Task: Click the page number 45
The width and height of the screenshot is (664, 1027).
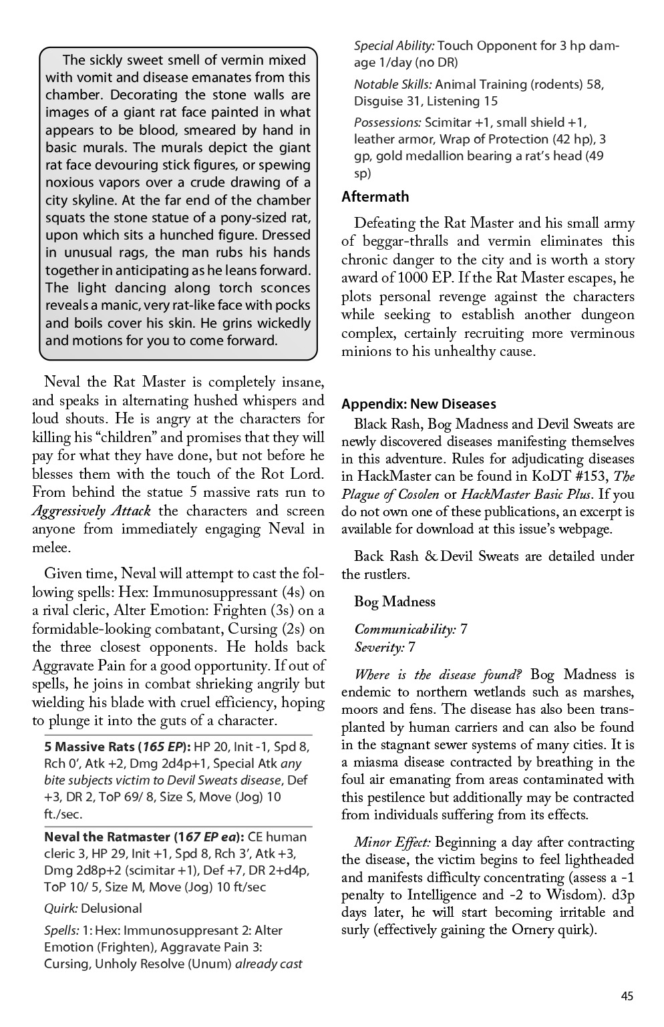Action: [x=626, y=996]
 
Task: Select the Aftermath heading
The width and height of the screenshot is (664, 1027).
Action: [x=375, y=197]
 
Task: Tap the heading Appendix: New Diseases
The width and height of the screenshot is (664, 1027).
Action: [x=418, y=404]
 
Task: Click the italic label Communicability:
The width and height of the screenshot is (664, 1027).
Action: [x=405, y=629]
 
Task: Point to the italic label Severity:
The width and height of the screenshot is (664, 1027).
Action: [x=379, y=647]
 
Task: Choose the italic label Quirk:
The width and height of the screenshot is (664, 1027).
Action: [x=61, y=908]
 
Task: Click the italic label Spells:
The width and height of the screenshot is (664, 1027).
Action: [x=61, y=930]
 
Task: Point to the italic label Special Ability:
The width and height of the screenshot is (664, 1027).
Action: [x=394, y=46]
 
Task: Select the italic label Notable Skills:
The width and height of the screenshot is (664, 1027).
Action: [x=392, y=85]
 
